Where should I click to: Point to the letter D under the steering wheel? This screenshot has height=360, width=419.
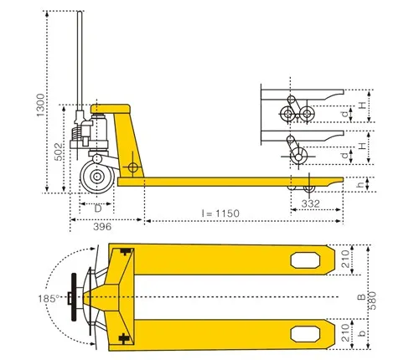97,207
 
